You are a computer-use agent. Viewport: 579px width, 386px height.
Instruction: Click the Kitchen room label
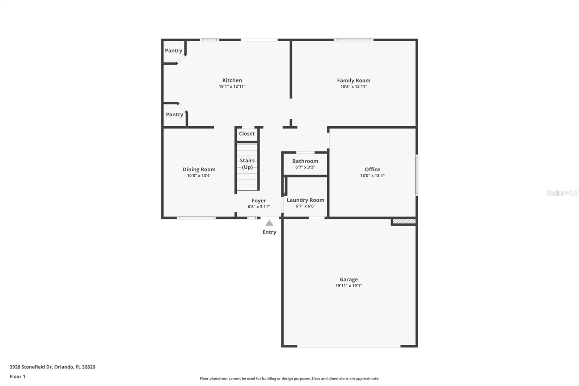pos(232,80)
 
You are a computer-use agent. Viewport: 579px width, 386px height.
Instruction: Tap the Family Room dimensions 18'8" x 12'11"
pos(354,87)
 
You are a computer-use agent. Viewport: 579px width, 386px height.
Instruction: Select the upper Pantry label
pos(173,51)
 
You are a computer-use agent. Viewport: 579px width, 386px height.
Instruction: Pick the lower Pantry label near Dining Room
pos(174,114)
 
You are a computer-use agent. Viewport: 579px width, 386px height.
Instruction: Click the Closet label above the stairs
pos(247,134)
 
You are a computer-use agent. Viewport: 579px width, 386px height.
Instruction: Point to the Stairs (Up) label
pos(247,164)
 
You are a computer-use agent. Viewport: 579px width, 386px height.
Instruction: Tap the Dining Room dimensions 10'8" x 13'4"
pos(199,176)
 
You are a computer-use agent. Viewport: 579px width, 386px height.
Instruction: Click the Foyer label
pos(259,201)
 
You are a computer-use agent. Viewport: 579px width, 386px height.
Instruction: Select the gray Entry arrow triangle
pos(269,223)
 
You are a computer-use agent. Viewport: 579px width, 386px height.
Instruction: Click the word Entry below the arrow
pos(269,232)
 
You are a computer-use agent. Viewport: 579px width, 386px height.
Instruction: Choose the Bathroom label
pos(305,161)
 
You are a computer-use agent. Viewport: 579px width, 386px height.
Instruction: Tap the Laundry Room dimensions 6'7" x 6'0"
pos(305,206)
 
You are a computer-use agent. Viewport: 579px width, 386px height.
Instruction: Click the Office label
pos(372,169)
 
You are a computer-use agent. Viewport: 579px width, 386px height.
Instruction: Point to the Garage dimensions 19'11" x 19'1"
pos(348,285)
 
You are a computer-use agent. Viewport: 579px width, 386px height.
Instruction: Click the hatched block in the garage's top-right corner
pos(404,221)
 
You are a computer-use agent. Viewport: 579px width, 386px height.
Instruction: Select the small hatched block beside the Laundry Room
pos(285,185)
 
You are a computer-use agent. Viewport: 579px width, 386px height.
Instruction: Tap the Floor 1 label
pos(17,377)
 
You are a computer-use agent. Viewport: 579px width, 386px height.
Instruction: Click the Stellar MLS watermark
pos(562,193)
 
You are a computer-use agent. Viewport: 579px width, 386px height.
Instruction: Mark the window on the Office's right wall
pos(417,175)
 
